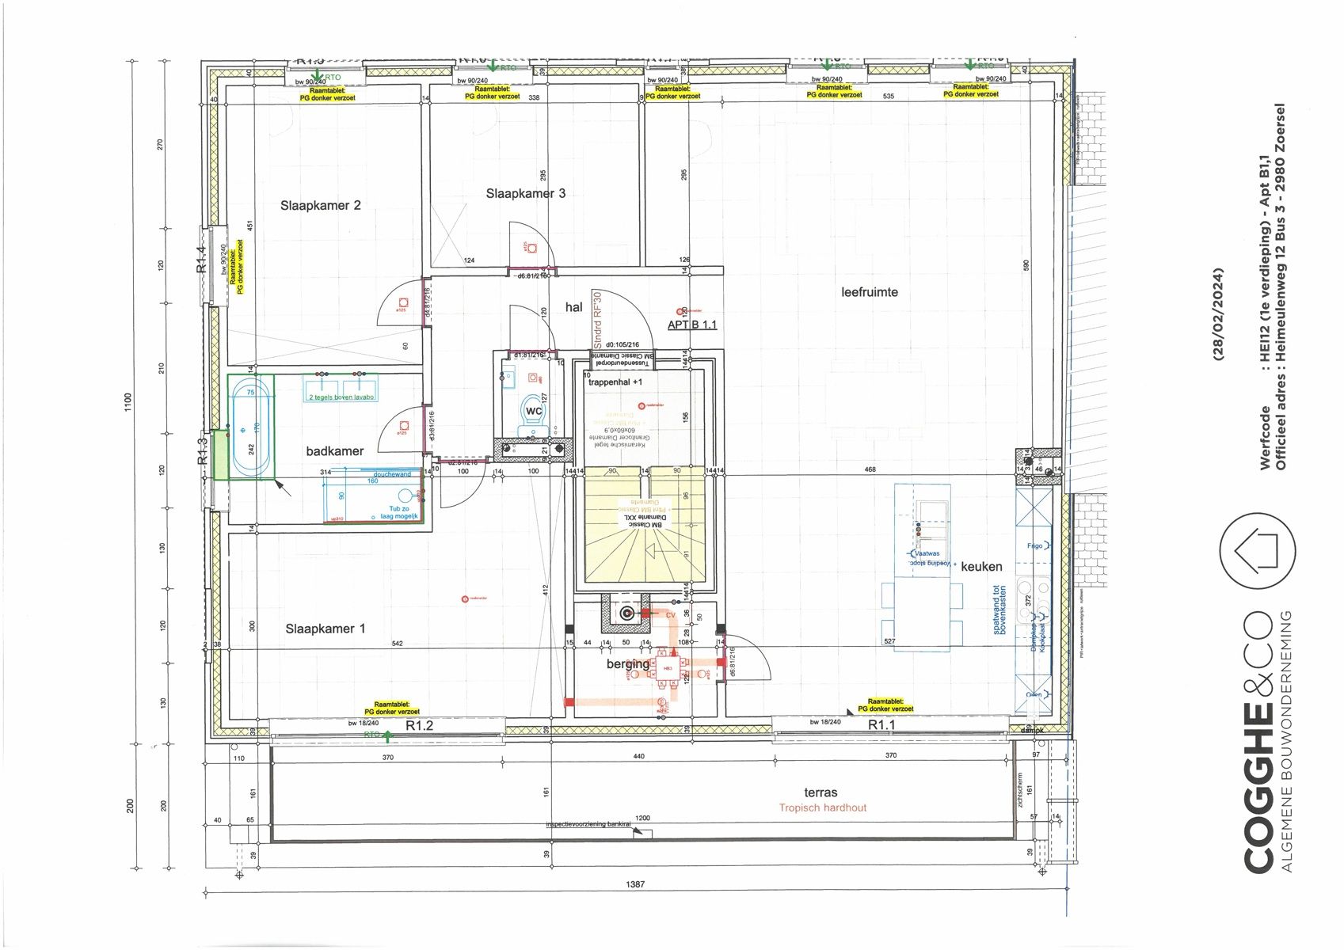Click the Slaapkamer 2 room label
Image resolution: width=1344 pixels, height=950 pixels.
coord(320,206)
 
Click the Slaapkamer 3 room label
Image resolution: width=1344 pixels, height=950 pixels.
coord(526,193)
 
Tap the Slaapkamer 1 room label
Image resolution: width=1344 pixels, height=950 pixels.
coord(326,629)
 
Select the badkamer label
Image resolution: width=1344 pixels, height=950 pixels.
coord(335,451)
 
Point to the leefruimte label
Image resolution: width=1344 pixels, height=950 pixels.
coord(870,292)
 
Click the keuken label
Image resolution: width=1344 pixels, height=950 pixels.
coord(981,567)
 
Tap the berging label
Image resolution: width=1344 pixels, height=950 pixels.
coord(627,663)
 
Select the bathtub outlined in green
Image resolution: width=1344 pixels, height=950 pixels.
coord(251,427)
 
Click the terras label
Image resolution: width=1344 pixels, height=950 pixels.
coord(820,792)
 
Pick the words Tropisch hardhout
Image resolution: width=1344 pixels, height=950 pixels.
coord(822,808)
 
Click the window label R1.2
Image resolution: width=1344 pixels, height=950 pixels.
coord(420,725)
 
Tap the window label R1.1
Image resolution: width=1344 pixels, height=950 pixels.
coord(881,725)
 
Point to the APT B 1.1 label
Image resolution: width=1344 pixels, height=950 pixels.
coord(692,325)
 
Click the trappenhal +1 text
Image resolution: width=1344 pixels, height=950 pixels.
coord(615,382)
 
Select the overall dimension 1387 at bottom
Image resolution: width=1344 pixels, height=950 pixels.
coord(635,884)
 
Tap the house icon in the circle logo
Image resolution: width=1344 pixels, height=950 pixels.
coord(1257,551)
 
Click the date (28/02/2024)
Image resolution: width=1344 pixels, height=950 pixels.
coord(1218,314)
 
